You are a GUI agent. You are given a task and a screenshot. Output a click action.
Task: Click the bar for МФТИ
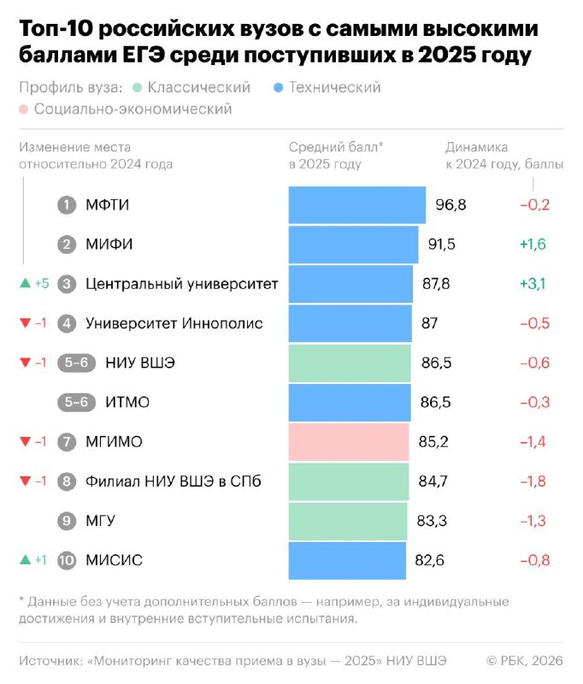point(356,205)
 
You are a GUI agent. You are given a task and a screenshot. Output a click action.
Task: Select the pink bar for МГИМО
point(349,442)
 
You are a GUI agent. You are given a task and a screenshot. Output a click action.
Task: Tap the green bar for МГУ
point(348,521)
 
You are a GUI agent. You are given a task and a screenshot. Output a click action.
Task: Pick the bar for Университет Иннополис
point(350,323)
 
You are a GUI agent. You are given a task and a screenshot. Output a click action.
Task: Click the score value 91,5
point(442,245)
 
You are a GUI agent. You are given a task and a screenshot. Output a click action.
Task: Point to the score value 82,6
point(431,561)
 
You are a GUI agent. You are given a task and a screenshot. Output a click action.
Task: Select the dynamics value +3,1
point(533,284)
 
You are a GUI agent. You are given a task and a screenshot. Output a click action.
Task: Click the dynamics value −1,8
point(533,481)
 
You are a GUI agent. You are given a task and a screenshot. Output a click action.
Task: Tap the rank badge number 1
point(67,205)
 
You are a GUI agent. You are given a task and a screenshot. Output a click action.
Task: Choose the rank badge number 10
point(67,561)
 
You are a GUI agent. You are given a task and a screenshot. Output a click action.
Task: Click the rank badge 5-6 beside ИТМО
point(76,403)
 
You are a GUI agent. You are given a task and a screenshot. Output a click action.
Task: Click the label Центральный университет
point(182,284)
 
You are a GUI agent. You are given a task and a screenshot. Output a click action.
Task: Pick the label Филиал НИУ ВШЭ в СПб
point(174,481)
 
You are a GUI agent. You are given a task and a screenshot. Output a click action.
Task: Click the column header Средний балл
point(336,147)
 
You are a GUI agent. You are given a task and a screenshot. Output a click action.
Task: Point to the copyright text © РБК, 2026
point(525,659)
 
